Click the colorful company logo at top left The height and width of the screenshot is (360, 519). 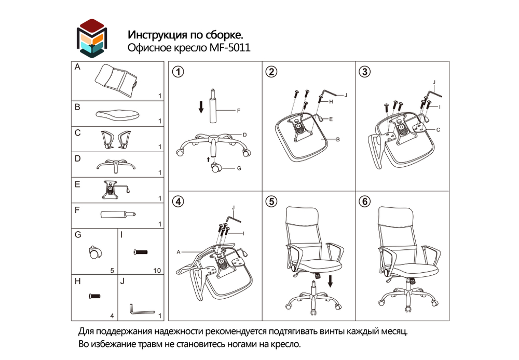(x=91, y=37)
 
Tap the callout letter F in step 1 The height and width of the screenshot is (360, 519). (x=238, y=111)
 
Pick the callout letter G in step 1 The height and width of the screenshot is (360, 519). (x=239, y=168)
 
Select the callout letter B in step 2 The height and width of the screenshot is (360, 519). (x=337, y=140)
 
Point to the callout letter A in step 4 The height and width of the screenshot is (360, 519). (x=178, y=251)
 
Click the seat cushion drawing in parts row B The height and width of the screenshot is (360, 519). (x=117, y=113)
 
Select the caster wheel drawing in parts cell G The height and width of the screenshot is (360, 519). (x=94, y=252)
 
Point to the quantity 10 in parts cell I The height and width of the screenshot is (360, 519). (x=158, y=271)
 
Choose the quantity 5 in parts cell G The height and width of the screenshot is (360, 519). (x=112, y=271)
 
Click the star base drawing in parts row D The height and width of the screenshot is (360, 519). (x=116, y=165)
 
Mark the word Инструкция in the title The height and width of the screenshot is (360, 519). (x=153, y=35)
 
